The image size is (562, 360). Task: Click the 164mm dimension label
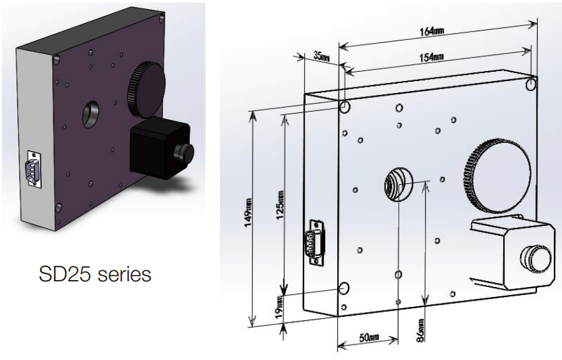click(x=430, y=32)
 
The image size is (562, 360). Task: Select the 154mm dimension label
click(x=431, y=57)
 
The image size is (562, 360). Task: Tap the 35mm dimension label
click(x=321, y=56)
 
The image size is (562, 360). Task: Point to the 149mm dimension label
click(x=249, y=212)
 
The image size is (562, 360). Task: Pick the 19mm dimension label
click(x=279, y=308)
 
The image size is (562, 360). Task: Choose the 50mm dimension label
click(x=369, y=338)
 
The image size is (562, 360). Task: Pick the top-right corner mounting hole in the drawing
click(x=531, y=84)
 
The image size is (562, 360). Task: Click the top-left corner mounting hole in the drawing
click(x=345, y=107)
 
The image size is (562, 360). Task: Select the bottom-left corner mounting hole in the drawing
click(x=344, y=288)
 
